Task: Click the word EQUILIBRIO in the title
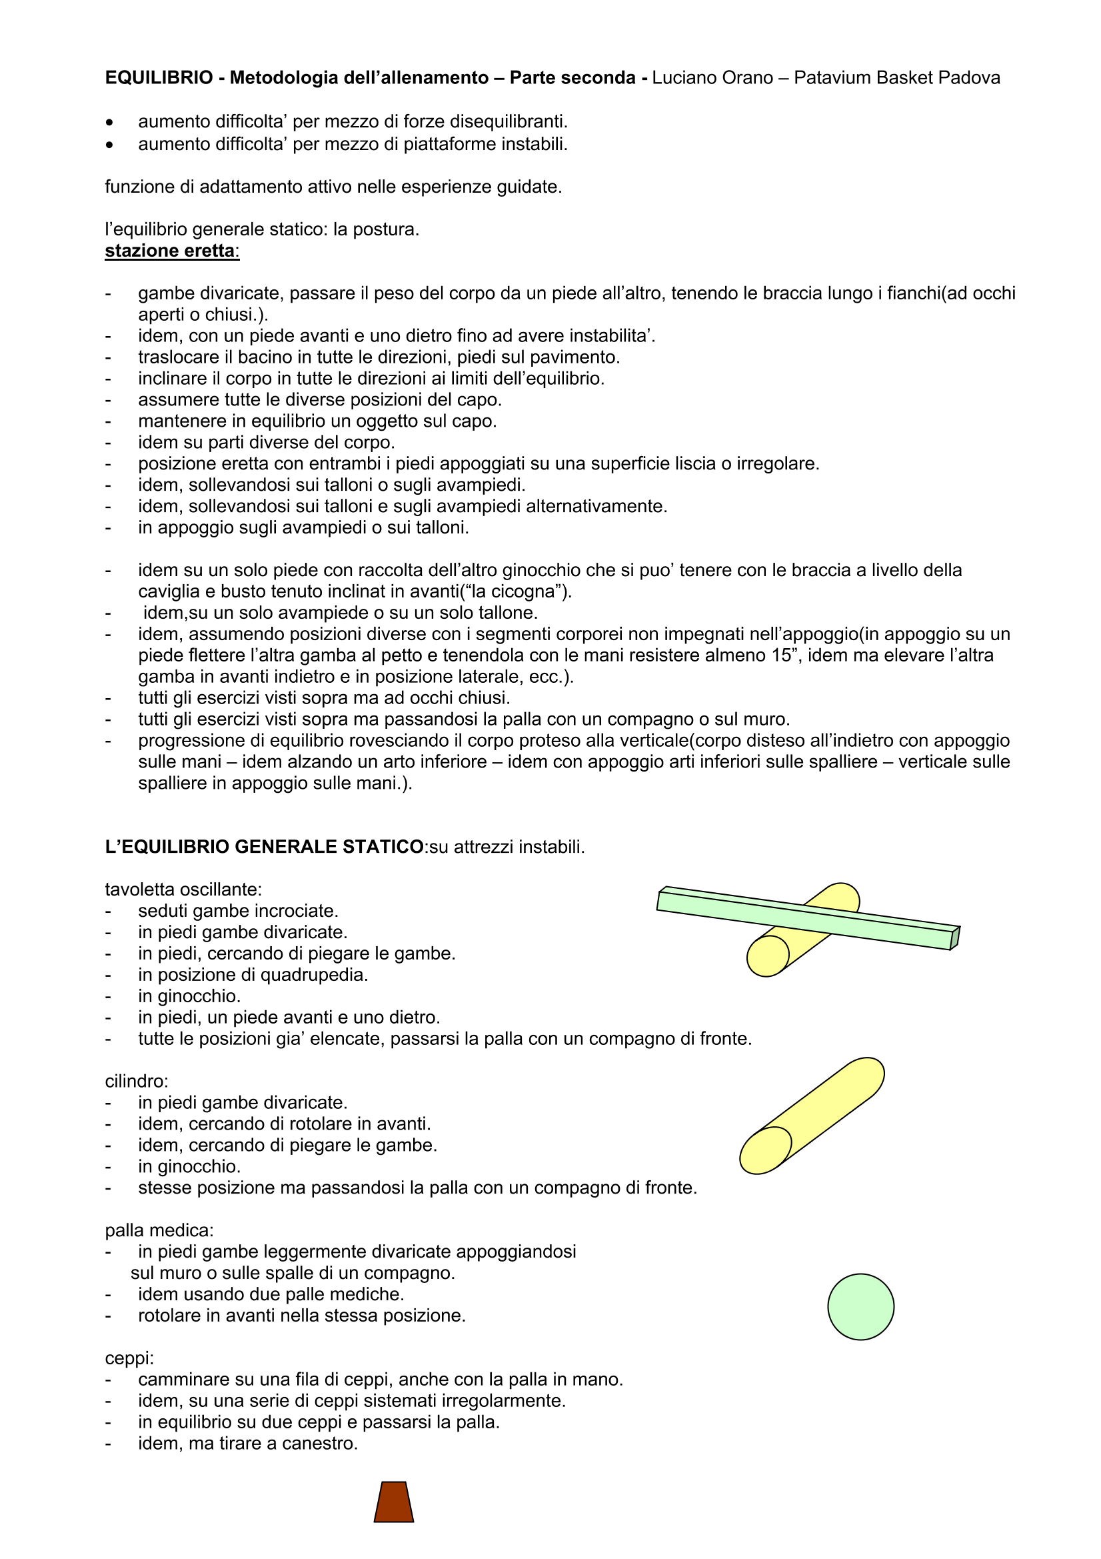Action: [159, 78]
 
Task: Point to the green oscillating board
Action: [808, 919]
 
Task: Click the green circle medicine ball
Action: [860, 1307]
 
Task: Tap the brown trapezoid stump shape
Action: [394, 1502]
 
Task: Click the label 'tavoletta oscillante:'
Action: [183, 890]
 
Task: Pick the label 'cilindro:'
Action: [137, 1081]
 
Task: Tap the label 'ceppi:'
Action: [129, 1358]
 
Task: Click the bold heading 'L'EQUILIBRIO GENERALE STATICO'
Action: [264, 847]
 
